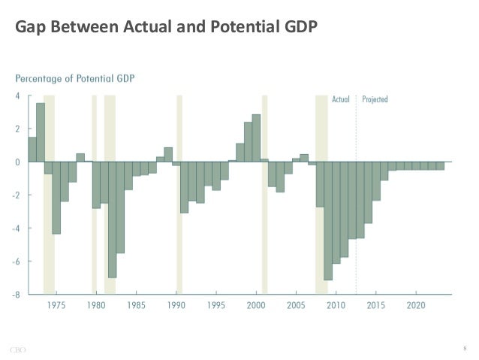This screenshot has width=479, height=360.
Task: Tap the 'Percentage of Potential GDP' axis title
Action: [75, 78]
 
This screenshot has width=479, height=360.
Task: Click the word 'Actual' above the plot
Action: [341, 99]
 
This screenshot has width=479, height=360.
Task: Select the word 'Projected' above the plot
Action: [375, 99]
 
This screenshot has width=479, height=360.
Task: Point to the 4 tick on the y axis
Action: [17, 96]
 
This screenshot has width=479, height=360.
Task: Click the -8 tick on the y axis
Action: [16, 295]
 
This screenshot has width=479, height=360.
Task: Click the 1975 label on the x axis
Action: [56, 306]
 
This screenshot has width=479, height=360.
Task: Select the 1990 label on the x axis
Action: [176, 306]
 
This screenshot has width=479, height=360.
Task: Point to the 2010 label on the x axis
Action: [336, 306]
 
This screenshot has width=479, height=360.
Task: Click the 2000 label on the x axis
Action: [256, 306]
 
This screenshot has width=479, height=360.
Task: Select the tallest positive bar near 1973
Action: [41, 132]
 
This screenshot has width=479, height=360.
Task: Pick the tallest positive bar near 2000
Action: [256, 138]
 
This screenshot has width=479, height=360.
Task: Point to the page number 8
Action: [465, 347]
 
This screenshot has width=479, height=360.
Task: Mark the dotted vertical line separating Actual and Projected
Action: [356, 195]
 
